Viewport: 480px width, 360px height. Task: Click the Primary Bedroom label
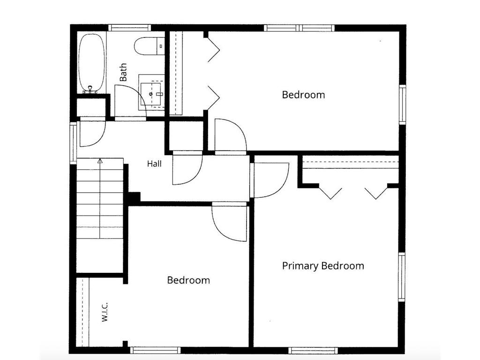[323, 266]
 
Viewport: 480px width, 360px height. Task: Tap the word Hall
[154, 164]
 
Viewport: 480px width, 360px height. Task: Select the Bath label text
[123, 72]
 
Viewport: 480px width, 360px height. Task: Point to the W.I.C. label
[105, 312]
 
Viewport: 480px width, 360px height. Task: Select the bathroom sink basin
[151, 94]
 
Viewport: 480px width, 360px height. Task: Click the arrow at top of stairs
[100, 160]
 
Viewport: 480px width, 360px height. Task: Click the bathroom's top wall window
[129, 28]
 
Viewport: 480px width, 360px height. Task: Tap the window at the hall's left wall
[73, 143]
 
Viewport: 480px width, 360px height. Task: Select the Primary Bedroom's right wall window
[402, 277]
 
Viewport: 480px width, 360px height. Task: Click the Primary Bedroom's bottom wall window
[313, 351]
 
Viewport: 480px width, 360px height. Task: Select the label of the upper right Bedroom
[303, 95]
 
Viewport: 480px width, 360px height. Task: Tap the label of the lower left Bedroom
[188, 280]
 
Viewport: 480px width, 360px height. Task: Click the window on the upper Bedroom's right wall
[403, 105]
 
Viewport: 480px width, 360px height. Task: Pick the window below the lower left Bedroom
[155, 351]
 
